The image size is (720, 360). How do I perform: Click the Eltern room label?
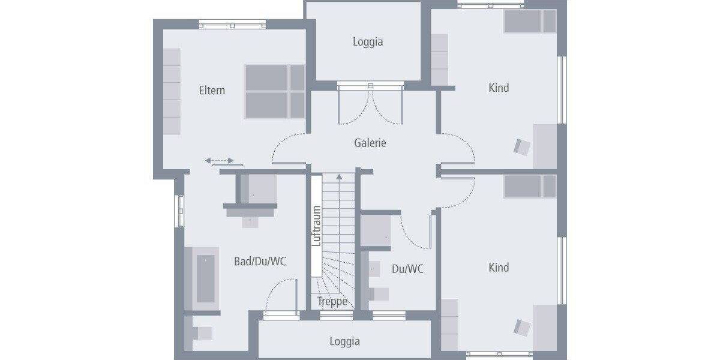coord(212,91)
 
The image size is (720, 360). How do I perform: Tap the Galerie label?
coord(370,143)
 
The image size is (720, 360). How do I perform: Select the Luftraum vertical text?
coord(317,226)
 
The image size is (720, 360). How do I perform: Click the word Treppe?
coord(332,301)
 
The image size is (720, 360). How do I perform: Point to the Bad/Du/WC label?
coord(260,262)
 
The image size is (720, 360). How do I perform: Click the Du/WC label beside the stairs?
coord(407,269)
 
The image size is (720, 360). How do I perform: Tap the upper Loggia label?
coord(368,42)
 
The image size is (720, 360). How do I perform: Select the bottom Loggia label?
coord(344,341)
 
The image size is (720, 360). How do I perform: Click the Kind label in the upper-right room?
coord(499,88)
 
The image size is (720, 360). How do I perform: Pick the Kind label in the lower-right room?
coord(499,268)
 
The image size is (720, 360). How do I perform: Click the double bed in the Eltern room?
coord(275,91)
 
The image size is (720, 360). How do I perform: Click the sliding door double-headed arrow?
coord(220,161)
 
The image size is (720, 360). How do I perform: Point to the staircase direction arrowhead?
coord(340,176)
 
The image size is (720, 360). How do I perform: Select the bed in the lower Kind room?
coord(530,186)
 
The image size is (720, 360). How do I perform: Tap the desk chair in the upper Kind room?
coord(522,147)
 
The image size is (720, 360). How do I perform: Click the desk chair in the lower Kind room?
coord(522,327)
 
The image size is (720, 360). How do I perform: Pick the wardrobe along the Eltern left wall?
coord(172,91)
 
